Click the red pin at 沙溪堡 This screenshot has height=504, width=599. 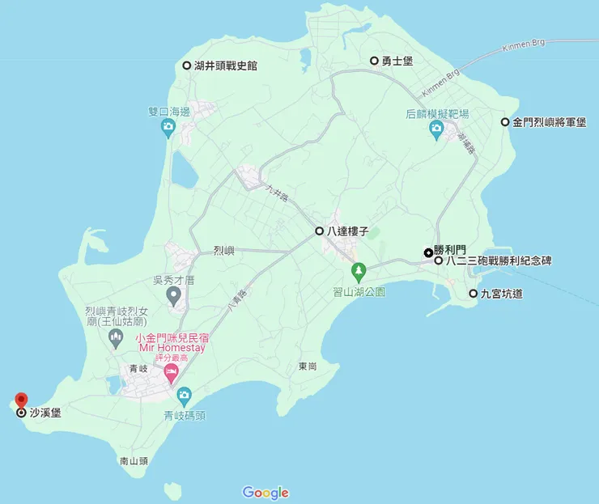[21, 400]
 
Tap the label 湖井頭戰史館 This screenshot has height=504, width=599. [225, 66]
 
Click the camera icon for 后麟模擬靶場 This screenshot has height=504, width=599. [437, 128]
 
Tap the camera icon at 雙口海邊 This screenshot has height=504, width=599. [168, 126]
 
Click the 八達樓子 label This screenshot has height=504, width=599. [347, 231]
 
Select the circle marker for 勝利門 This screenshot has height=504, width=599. [428, 252]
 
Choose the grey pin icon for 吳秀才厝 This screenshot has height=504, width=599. [172, 296]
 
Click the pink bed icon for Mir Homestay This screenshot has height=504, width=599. [171, 373]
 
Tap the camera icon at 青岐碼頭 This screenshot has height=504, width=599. [184, 395]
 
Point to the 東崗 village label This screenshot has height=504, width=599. [307, 366]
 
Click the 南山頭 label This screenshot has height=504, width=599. [134, 461]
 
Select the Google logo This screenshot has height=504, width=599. [266, 492]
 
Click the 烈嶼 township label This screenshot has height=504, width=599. [223, 251]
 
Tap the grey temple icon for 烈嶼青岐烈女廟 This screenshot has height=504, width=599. [115, 341]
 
